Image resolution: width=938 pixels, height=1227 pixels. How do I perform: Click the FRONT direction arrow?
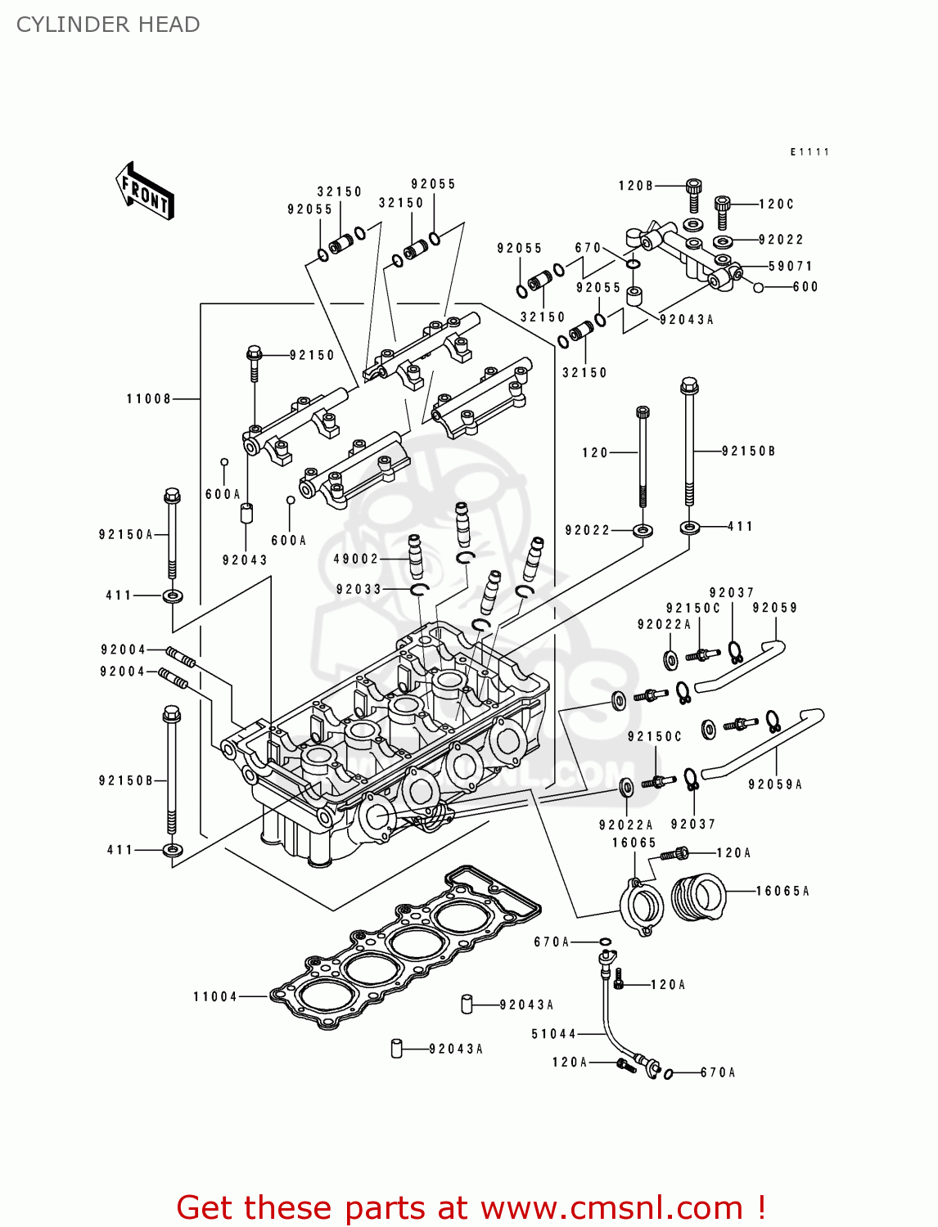point(146,191)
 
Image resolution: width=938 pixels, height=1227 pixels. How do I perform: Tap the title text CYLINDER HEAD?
point(108,25)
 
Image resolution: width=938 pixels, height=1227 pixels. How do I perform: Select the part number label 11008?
point(148,399)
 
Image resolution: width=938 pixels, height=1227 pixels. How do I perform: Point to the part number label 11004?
point(215,996)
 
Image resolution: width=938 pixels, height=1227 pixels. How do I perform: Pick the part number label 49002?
point(356,559)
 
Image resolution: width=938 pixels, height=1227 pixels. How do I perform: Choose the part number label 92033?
point(359,589)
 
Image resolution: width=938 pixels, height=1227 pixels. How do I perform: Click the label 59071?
point(790,267)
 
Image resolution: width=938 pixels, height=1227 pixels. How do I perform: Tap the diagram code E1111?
point(809,152)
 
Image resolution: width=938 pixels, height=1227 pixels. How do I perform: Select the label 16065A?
point(782,891)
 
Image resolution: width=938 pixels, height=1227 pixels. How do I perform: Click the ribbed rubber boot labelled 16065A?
point(698,897)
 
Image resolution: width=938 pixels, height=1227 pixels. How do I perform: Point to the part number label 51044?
point(554,1034)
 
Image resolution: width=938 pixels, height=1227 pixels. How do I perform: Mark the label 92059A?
point(774,784)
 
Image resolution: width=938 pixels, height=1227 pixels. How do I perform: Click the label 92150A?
point(126,534)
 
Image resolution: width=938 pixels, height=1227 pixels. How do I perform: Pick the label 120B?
point(635,186)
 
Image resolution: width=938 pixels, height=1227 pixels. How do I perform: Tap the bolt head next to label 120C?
point(722,203)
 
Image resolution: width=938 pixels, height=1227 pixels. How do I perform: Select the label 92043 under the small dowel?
point(245,560)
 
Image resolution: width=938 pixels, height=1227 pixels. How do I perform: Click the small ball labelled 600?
point(759,287)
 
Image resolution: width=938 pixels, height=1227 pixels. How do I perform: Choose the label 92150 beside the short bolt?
point(312,355)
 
